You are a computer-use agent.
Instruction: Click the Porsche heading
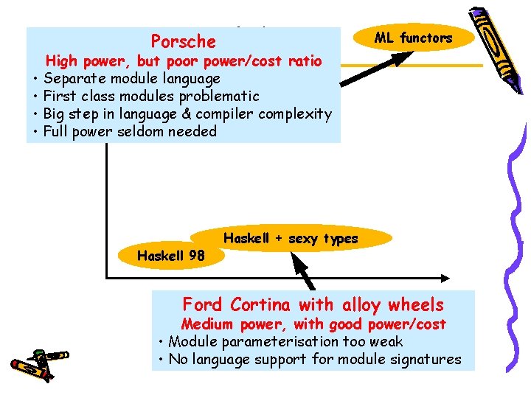(x=183, y=42)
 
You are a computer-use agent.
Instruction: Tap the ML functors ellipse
(x=413, y=38)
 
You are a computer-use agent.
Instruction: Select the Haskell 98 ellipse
(x=171, y=256)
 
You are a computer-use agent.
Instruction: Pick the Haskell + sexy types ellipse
(x=291, y=238)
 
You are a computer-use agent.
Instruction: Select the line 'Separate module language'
(x=132, y=78)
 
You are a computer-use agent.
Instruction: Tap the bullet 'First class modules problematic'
(x=151, y=96)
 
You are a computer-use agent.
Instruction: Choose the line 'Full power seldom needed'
(x=130, y=132)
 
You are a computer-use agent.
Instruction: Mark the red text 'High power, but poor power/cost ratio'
(x=184, y=60)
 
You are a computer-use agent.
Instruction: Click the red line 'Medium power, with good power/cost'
(x=313, y=324)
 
